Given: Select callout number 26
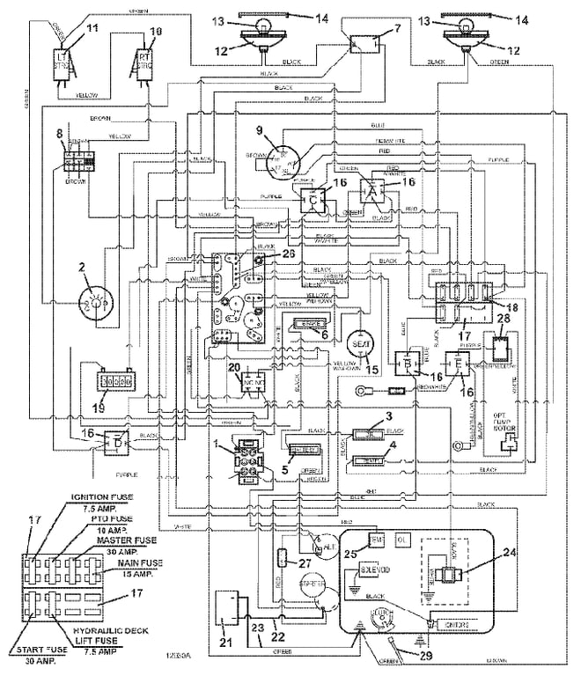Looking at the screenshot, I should [289, 253].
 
